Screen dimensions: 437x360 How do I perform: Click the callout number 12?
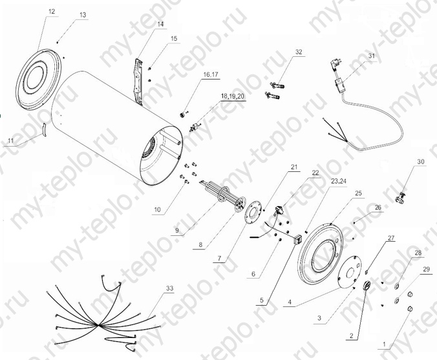(52, 12)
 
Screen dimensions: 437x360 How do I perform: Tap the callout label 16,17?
(211, 75)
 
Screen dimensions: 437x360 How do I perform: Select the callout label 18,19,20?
(233, 96)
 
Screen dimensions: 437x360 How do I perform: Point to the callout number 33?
(170, 288)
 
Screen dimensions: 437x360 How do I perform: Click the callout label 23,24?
(339, 180)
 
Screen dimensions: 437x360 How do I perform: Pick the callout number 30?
(421, 162)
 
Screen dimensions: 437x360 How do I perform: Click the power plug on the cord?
(335, 61)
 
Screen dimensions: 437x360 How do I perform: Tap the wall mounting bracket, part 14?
(139, 81)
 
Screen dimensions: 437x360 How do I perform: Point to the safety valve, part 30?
(400, 197)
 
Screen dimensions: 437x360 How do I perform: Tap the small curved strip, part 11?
(45, 129)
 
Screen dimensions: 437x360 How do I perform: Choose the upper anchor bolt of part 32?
(277, 85)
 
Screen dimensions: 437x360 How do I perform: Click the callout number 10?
(158, 209)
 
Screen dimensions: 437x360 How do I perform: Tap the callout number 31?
(372, 56)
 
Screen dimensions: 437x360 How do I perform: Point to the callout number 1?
(384, 344)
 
